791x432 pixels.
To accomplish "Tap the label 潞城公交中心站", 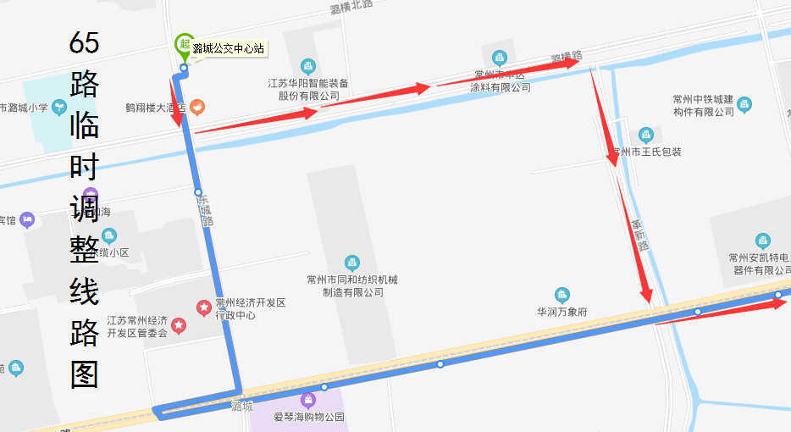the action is (228, 48).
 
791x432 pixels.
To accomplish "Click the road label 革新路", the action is (640, 235).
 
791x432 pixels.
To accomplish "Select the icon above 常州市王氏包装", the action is (645, 136).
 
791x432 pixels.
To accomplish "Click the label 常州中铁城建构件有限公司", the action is (703, 106).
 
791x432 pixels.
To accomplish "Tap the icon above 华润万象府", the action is (562, 295).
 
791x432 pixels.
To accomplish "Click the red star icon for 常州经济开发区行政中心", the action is (203, 307).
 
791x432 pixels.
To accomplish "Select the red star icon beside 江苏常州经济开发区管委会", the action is (179, 325).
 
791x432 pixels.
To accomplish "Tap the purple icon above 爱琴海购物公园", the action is (307, 400).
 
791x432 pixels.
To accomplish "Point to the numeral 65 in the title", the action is (85, 42).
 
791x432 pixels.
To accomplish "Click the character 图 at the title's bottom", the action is (85, 374).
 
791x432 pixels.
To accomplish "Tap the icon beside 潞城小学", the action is (58, 107).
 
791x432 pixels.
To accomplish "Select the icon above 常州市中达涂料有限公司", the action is (500, 58).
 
